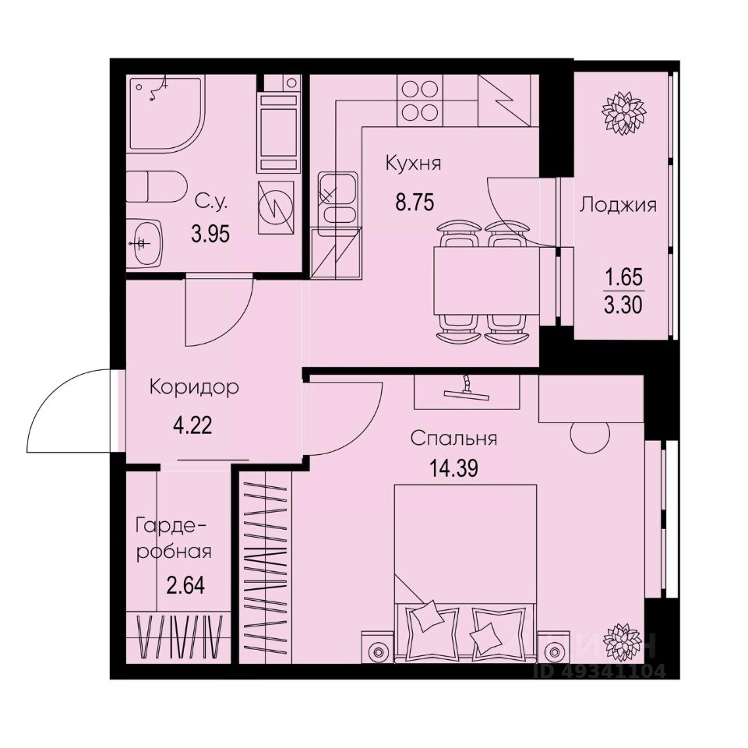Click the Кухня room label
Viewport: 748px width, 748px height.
coord(413,164)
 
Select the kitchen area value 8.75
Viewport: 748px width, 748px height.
coord(415,203)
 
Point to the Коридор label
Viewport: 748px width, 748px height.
coord(194,387)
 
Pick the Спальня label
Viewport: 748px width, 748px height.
coord(454,439)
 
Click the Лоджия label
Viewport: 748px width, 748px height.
coord(618,206)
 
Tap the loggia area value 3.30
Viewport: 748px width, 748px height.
coord(623,305)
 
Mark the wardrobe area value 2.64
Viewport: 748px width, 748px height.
coord(186,585)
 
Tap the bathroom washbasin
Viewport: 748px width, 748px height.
coord(145,242)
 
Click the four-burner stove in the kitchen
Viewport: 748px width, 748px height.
coord(418,101)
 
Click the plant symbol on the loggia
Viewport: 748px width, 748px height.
coord(623,113)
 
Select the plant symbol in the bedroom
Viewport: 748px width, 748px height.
coord(623,641)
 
